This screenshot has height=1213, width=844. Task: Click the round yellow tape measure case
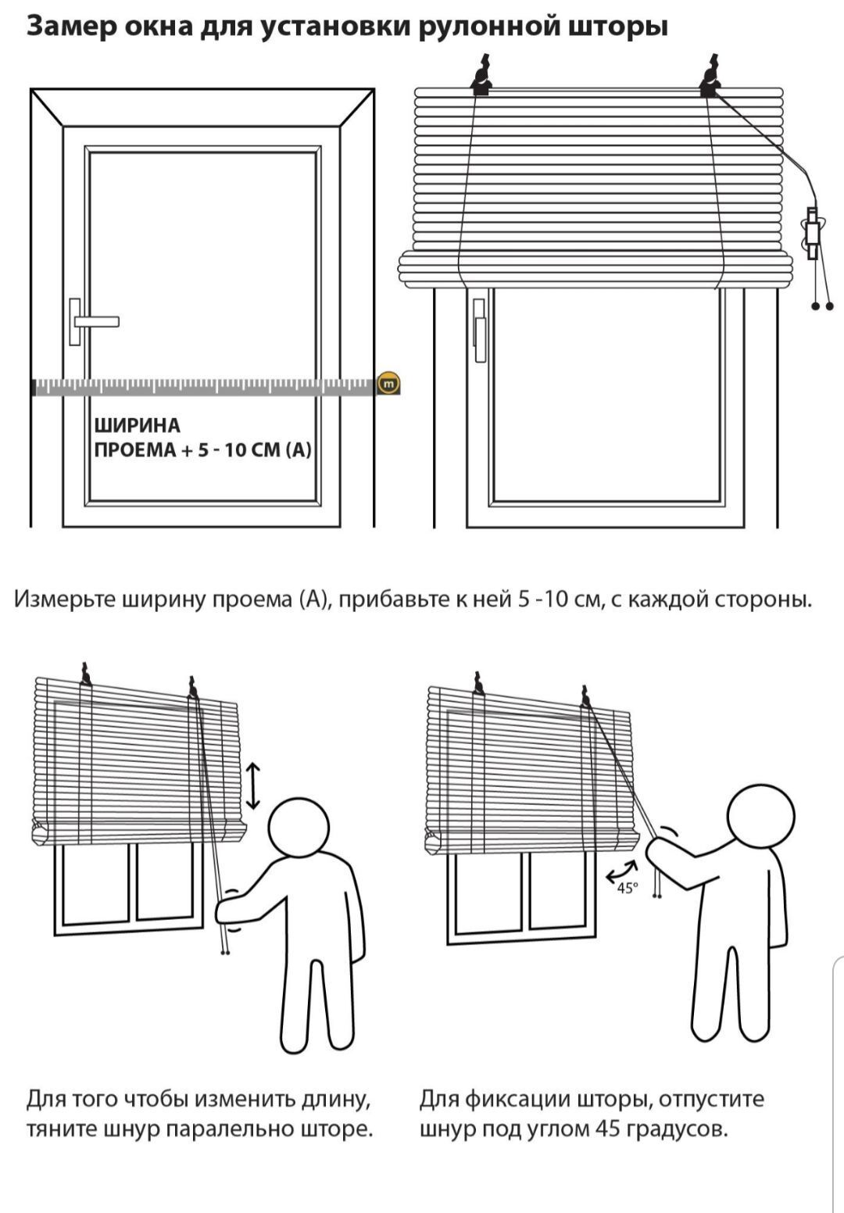pyautogui.click(x=388, y=384)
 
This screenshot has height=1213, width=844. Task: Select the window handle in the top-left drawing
pyautogui.click(x=93, y=322)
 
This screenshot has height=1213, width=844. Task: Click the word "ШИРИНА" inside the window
pyautogui.click(x=137, y=426)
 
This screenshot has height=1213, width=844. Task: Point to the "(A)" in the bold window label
pyautogui.click(x=299, y=450)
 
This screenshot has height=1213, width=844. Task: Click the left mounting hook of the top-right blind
pyautogui.click(x=481, y=77)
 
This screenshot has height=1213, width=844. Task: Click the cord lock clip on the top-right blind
pyautogui.click(x=812, y=234)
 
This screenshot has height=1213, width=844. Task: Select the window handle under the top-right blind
pyautogui.click(x=479, y=331)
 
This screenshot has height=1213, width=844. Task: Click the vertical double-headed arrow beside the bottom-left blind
pyautogui.click(x=253, y=785)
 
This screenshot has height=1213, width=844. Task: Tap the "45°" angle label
pyautogui.click(x=628, y=888)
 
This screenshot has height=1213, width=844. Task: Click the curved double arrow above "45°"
pyautogui.click(x=620, y=870)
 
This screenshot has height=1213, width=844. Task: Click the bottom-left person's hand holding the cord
pyautogui.click(x=227, y=911)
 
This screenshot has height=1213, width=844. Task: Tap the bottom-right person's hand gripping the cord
pyautogui.click(x=659, y=849)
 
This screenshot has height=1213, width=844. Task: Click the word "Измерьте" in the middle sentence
pyautogui.click(x=65, y=599)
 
